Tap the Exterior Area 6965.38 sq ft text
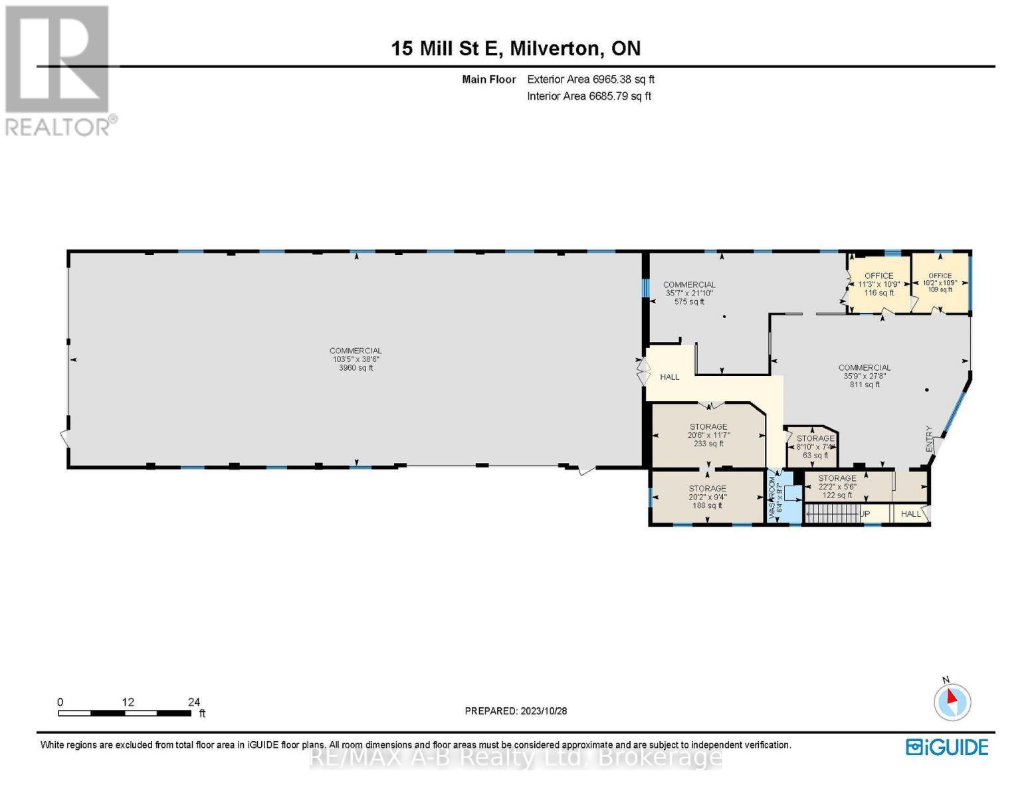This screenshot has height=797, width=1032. [x=590, y=79]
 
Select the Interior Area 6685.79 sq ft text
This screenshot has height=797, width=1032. [x=589, y=96]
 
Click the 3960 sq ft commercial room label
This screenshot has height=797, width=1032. [x=356, y=359]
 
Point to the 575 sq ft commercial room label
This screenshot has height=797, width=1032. [x=689, y=293]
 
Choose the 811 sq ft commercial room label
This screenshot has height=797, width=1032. [x=864, y=376]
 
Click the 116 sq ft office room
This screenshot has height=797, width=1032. [x=878, y=284]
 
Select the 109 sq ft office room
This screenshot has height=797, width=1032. [x=940, y=283]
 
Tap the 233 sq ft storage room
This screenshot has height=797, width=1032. [x=708, y=435]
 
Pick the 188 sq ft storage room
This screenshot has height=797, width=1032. [x=707, y=497]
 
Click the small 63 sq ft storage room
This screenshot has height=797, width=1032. [x=815, y=446]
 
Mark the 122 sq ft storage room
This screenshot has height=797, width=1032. [x=837, y=487]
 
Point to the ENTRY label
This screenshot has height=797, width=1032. [x=930, y=440]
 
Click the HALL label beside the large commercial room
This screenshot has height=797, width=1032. [x=669, y=377]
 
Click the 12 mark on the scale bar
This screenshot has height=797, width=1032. [x=128, y=702]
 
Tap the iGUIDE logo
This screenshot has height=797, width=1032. [x=947, y=747]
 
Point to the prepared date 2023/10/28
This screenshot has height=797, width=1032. [x=516, y=711]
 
